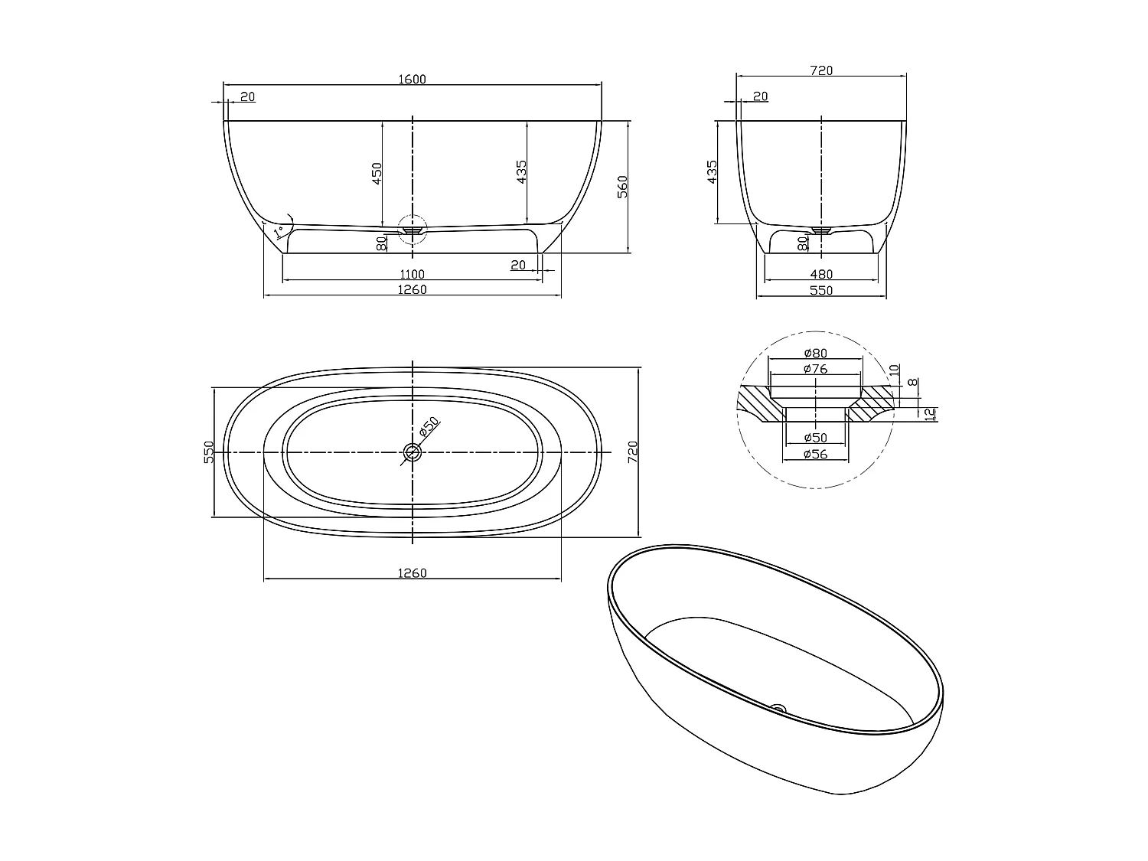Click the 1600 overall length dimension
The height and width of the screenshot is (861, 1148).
(x=412, y=79)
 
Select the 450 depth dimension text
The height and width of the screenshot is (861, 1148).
(x=377, y=174)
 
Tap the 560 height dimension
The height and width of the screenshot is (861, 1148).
(x=622, y=185)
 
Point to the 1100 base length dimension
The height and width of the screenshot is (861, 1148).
(x=412, y=274)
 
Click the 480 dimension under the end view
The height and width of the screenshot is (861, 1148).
(x=820, y=274)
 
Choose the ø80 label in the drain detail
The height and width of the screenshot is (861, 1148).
(x=816, y=353)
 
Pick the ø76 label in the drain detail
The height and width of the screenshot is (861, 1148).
(x=816, y=369)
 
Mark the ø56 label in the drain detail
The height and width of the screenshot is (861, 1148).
(x=816, y=454)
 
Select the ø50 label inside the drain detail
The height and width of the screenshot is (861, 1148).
(x=816, y=438)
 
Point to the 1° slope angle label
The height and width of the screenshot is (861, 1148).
(x=279, y=228)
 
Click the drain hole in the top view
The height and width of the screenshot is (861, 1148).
(x=413, y=452)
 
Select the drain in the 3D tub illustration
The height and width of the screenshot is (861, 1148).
(x=778, y=708)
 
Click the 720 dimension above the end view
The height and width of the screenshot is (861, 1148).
(x=820, y=70)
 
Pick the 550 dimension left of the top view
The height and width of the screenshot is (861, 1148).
(x=207, y=452)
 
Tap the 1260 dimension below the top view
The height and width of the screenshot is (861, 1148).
(x=412, y=573)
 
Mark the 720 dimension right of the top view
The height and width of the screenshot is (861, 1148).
(x=632, y=452)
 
